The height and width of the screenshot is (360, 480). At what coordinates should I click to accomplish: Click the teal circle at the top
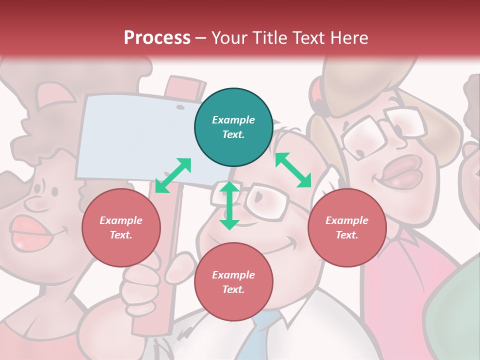coord(233,127)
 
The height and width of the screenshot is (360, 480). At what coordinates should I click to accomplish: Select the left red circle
coord(121,227)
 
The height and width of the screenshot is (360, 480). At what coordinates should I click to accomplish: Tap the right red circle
coord(347,227)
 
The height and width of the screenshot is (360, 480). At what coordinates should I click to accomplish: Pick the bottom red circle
coord(233,282)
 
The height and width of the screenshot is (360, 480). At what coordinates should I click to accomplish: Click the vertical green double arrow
coord(229,205)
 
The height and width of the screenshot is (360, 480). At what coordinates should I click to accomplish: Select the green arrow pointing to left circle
coord(173,175)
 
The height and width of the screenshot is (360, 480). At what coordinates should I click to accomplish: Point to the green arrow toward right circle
coord(293,170)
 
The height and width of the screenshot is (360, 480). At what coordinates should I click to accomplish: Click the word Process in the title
coord(157,38)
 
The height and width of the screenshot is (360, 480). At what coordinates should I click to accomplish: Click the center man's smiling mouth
coord(280,245)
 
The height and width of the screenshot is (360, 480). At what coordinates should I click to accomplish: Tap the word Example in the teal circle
coord(233,120)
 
